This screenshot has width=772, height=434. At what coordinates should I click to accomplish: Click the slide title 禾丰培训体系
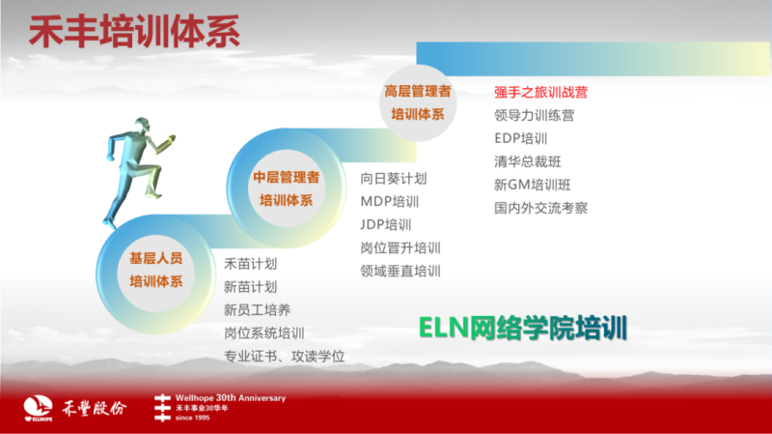(134, 32)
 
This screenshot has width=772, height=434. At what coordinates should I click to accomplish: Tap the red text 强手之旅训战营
(540, 92)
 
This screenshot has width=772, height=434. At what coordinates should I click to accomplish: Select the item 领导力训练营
(535, 115)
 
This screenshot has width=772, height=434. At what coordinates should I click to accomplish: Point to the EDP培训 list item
(520, 138)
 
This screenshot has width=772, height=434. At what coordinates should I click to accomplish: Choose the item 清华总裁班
(527, 161)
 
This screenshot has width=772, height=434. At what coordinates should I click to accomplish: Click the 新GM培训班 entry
(533, 185)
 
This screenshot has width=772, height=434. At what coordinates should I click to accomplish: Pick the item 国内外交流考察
(540, 208)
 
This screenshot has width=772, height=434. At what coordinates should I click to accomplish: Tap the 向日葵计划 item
(394, 179)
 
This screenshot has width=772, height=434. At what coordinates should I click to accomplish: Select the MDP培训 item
(390, 202)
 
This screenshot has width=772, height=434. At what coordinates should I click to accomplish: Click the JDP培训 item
(385, 225)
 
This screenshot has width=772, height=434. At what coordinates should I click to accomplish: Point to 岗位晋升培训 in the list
(400, 248)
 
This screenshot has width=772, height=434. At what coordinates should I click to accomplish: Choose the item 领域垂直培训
(400, 272)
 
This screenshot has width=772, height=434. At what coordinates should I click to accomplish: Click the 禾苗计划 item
(250, 264)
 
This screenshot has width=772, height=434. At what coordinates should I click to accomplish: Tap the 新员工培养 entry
(257, 310)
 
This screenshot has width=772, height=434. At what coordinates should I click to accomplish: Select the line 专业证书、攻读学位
(284, 357)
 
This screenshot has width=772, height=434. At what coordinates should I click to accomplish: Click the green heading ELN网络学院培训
(523, 328)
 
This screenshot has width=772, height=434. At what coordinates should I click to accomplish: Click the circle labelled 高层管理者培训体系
(418, 102)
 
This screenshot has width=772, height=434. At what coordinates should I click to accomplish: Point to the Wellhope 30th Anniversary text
(231, 398)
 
